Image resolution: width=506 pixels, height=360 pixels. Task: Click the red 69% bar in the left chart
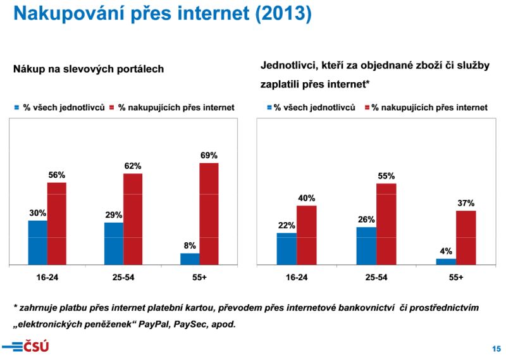(209, 213)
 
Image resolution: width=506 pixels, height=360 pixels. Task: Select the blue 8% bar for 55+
(190, 259)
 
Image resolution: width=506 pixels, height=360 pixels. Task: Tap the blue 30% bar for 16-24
(37, 242)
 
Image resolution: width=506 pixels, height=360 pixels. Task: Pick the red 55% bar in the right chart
(386, 223)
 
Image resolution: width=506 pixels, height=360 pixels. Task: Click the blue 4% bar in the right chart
(446, 261)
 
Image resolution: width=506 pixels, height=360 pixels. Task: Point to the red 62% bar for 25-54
(133, 218)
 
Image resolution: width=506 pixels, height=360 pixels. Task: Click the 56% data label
(57, 175)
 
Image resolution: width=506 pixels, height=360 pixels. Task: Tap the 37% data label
(466, 202)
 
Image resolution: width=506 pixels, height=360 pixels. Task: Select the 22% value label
(287, 225)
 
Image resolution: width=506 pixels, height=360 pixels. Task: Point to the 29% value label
(114, 215)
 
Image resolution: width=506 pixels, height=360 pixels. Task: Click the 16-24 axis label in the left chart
(47, 277)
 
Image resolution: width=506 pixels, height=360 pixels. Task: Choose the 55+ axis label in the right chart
(455, 277)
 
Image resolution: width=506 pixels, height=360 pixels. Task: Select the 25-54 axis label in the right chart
(376, 277)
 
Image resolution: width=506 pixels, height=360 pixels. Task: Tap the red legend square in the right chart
(367, 108)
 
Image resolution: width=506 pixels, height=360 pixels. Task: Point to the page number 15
(496, 349)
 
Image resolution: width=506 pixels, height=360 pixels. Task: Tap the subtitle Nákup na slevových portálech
(89, 69)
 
